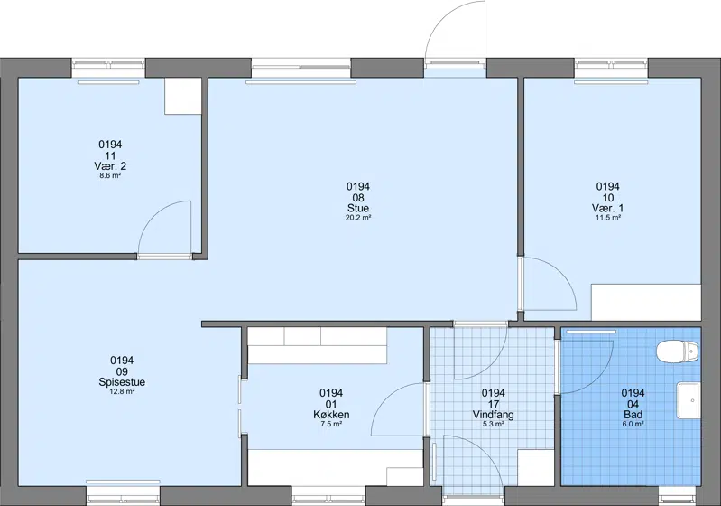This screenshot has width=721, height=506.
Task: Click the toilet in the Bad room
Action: click(x=678, y=352)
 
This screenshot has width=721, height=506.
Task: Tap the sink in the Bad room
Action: click(x=689, y=400)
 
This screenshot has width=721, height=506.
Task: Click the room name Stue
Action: click(x=358, y=208)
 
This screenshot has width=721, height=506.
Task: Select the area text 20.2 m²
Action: click(x=358, y=218)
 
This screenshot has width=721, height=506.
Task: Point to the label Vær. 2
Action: click(x=110, y=166)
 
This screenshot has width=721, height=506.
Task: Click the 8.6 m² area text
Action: click(x=110, y=176)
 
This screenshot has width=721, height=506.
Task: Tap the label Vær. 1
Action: click(x=608, y=208)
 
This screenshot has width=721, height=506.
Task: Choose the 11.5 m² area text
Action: click(x=608, y=218)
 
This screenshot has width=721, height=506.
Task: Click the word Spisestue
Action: click(x=122, y=382)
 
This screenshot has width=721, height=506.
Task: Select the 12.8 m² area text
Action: click(x=122, y=392)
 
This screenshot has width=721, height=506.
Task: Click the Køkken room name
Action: click(x=331, y=415)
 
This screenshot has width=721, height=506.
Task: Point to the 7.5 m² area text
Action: click(x=331, y=424)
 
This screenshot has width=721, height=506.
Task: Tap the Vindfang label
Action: click(x=494, y=415)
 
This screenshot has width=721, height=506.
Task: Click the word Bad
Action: click(x=633, y=415)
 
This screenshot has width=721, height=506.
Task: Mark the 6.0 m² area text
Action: click(x=633, y=424)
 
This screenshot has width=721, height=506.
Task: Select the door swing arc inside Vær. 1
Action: click(x=560, y=275)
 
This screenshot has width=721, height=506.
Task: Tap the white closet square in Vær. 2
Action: click(x=182, y=96)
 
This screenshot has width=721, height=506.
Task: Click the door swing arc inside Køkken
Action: click(x=387, y=398)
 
